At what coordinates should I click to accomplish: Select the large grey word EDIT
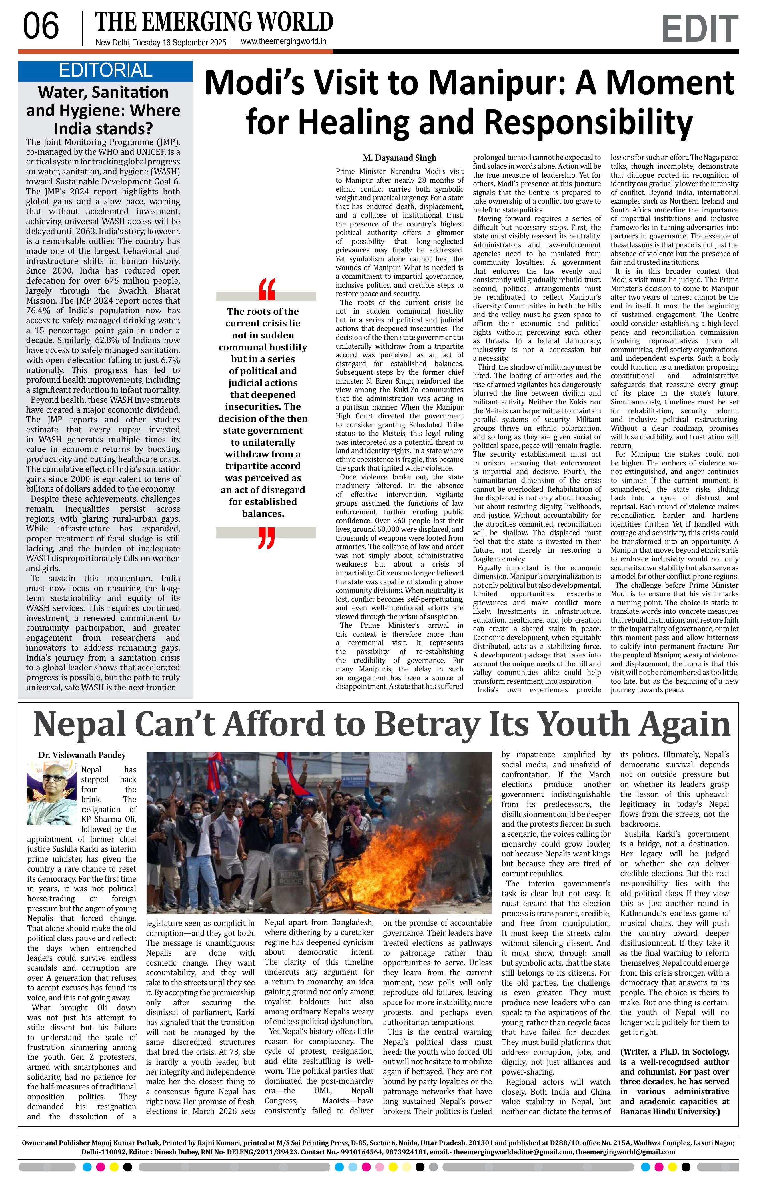pyautogui.click(x=699, y=29)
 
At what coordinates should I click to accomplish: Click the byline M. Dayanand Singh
pyautogui.click(x=400, y=158)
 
